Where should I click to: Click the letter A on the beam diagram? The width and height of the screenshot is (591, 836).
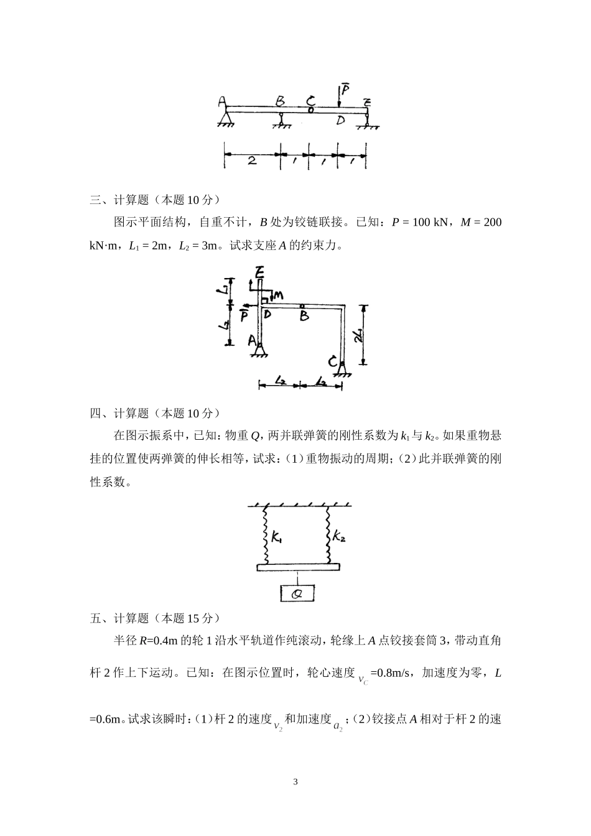pos(221,101)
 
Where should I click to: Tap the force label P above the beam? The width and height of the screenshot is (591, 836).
pos(345,90)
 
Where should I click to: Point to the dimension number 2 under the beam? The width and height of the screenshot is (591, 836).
pos(251,160)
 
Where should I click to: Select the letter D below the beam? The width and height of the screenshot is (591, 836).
pos(340,120)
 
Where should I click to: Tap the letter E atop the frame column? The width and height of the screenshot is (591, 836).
pos(259,271)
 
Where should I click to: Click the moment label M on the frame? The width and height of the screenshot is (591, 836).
pos(278,295)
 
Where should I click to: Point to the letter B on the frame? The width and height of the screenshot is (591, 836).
pos(304,317)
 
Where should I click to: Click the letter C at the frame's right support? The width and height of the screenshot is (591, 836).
pos(333,361)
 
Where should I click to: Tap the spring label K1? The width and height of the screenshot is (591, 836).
pos(277,536)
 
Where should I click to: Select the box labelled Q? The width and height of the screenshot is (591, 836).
pos(297,593)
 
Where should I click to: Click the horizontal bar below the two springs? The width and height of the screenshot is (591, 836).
pos(298,567)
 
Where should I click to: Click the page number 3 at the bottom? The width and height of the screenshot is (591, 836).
pos(295,782)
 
